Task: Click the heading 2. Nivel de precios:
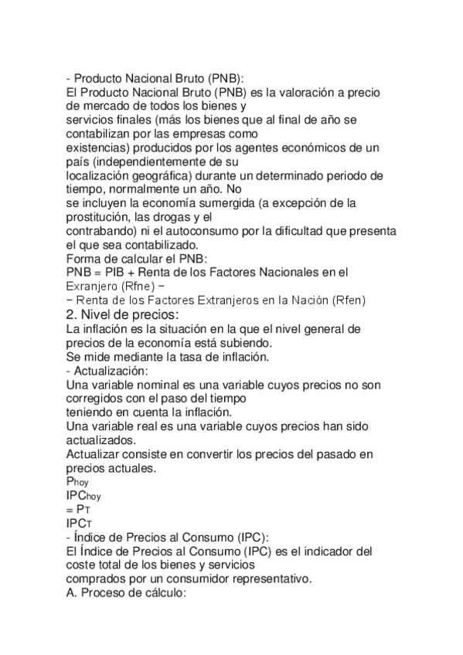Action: click(x=123, y=314)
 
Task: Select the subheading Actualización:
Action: click(x=112, y=370)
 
